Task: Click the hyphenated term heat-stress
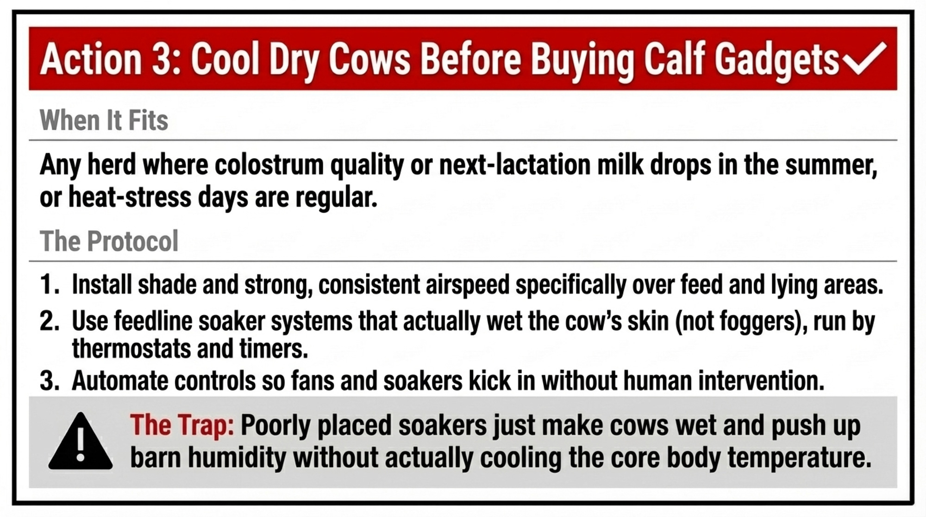[130, 197]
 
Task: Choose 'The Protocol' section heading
[109, 241]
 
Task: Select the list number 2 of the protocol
[49, 321]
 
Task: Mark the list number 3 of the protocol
[49, 381]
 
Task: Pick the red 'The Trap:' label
[182, 425]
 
